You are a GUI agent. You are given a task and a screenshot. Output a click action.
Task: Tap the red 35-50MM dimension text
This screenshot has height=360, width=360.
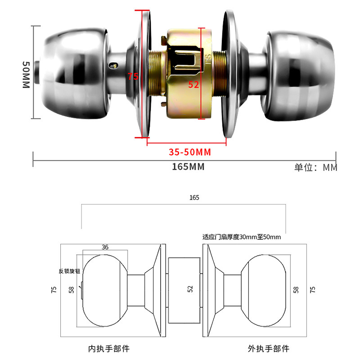(x=186, y=152)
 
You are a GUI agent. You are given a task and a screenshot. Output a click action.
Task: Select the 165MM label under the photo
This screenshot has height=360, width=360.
(x=188, y=167)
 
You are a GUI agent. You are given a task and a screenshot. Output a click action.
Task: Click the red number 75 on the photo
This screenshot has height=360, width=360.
(x=132, y=76)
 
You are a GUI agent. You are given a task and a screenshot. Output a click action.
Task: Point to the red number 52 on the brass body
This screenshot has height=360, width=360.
(x=193, y=85)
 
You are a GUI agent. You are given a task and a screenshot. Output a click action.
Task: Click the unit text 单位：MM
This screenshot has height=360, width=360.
(x=315, y=167)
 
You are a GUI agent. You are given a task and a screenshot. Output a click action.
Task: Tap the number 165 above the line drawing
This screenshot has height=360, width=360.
(x=194, y=198)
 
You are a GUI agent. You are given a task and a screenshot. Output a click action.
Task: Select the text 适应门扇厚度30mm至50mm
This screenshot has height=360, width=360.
(x=242, y=237)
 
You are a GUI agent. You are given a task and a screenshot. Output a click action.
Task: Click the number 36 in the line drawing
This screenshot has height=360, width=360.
(x=105, y=247)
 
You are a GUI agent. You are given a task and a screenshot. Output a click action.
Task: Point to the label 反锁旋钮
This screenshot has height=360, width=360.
(x=69, y=271)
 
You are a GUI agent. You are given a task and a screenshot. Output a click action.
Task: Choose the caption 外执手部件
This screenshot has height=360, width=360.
(x=268, y=348)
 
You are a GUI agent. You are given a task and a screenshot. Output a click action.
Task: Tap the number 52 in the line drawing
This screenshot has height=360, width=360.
(x=189, y=289)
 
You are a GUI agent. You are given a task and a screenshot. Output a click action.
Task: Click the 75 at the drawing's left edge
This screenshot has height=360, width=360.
(x=54, y=290)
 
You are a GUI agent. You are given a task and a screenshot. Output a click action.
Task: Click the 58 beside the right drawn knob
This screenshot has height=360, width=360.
(x=296, y=289)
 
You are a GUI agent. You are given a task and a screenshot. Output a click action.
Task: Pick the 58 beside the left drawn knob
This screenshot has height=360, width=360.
(x=71, y=290)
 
